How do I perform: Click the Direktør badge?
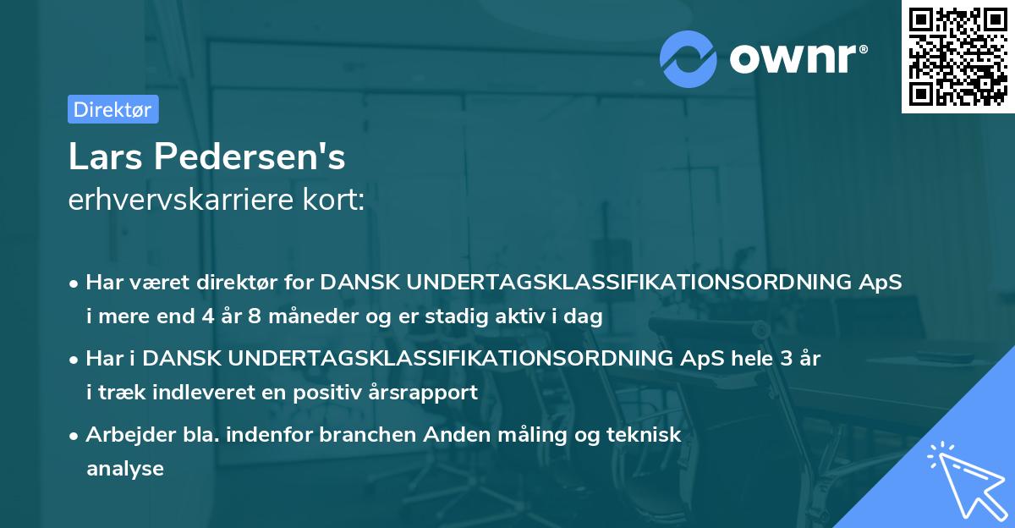112,109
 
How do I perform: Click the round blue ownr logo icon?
688,58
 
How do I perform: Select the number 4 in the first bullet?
207,317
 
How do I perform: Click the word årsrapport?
433,392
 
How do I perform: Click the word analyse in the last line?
125,468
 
